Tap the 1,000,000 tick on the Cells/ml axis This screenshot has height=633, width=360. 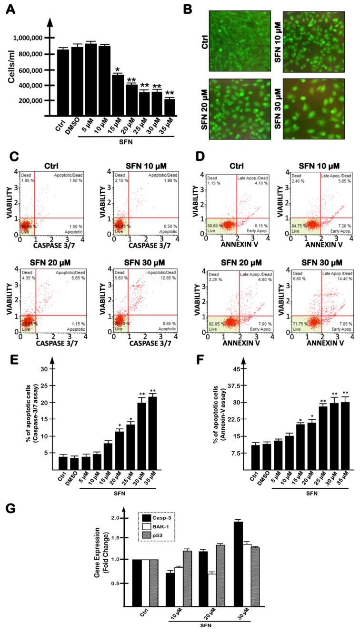(27, 38)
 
